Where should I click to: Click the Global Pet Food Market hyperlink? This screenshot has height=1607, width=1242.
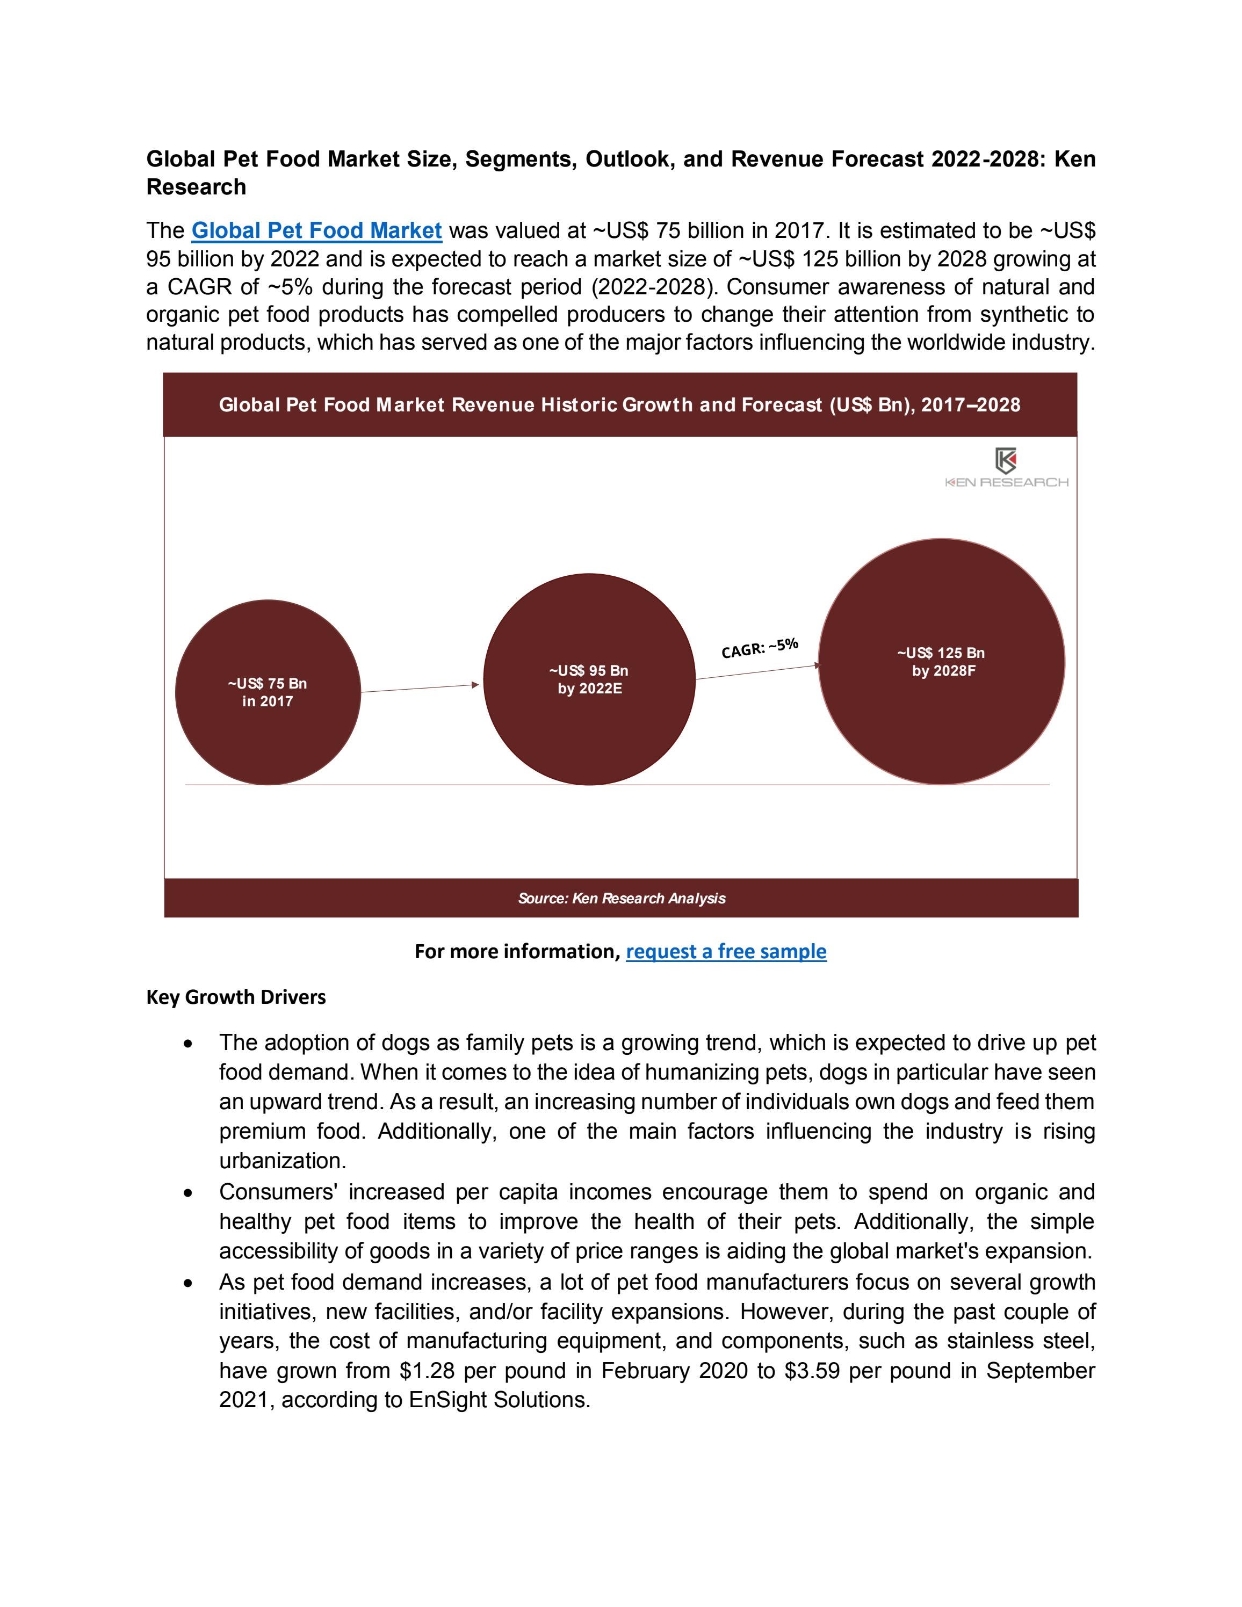pyautogui.click(x=316, y=231)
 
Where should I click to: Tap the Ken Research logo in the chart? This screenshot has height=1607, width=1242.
pyautogui.click(x=1006, y=468)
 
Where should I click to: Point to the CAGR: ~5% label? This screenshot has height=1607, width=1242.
pyautogui.click(x=759, y=648)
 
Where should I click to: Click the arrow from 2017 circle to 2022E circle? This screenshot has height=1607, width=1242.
pyautogui.click(x=420, y=688)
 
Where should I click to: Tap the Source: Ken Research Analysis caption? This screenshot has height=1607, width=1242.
pyautogui.click(x=621, y=899)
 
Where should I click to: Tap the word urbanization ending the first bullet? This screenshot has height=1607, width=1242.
pyautogui.click(x=282, y=1161)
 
